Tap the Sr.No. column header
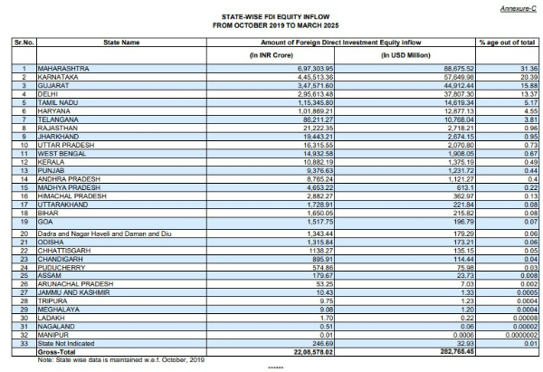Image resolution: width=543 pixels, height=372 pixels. [22, 42]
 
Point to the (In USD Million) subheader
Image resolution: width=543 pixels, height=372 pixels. [396, 56]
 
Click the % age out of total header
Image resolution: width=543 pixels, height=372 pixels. [508, 42]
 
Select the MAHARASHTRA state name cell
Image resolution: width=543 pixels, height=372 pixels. [62, 69]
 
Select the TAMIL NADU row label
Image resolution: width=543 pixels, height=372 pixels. [59, 101]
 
